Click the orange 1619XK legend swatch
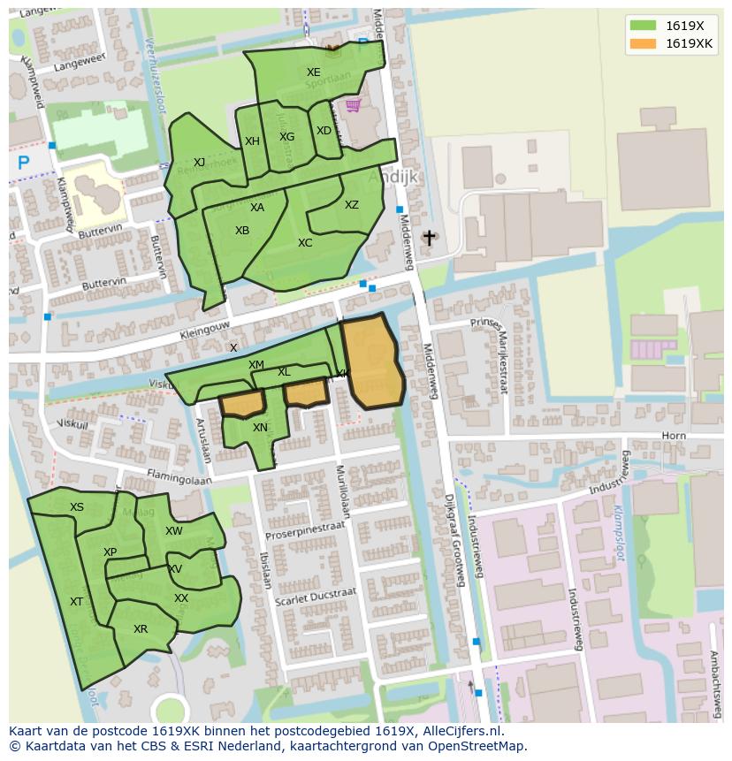(643, 43)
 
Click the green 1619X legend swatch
(643, 26)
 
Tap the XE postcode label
(314, 72)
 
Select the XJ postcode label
(199, 162)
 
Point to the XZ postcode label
(352, 205)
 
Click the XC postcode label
(305, 243)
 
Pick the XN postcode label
(260, 428)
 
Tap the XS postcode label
(77, 507)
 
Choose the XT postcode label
(77, 602)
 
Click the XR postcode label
(141, 629)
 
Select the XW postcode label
(174, 531)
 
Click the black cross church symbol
(430, 238)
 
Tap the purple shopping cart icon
(353, 106)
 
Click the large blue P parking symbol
(24, 164)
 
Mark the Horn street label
(673, 436)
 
